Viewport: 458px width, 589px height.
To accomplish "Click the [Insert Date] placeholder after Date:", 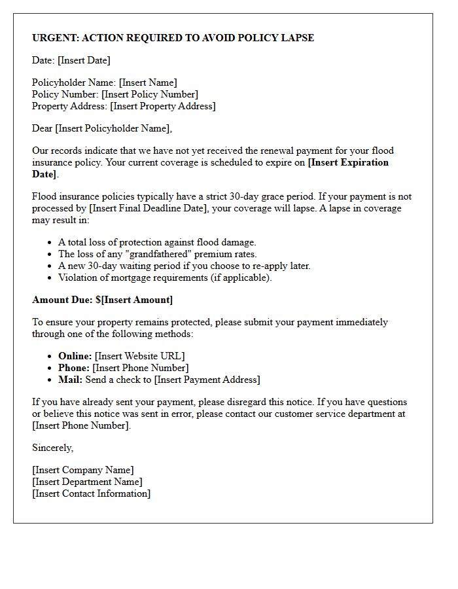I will coord(84,60).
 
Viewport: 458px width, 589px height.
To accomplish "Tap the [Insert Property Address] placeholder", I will coord(162,106).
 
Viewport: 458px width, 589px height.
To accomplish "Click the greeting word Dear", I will coord(42,128).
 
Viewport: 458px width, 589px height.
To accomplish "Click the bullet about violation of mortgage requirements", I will coord(164,277).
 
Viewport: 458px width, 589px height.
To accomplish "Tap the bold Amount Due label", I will coord(62,300).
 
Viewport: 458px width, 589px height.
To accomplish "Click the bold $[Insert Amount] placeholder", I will coord(134,300).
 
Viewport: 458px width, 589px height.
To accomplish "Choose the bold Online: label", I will coord(75,356).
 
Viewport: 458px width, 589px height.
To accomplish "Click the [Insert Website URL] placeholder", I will coord(139,356).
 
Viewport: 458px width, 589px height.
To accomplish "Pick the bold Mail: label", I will coord(70,380).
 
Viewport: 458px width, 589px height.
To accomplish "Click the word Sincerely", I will coord(53,448).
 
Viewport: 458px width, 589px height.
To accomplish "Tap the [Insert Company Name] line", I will coord(82,470).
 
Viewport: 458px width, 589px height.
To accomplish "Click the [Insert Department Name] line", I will coord(87,482).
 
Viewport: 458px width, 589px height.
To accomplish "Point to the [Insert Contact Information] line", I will coord(91,493).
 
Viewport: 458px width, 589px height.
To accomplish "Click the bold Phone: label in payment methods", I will coord(74,368).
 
